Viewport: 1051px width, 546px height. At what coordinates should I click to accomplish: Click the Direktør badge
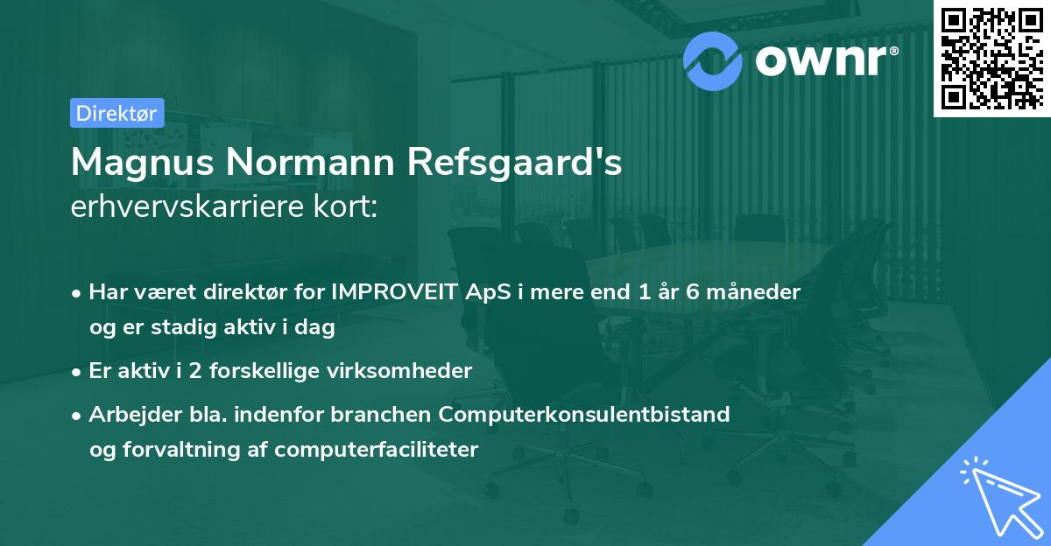pyautogui.click(x=116, y=113)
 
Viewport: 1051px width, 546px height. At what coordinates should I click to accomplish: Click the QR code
pyautogui.click(x=991, y=57)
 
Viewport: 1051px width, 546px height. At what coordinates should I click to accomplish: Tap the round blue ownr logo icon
pyautogui.click(x=713, y=59)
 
